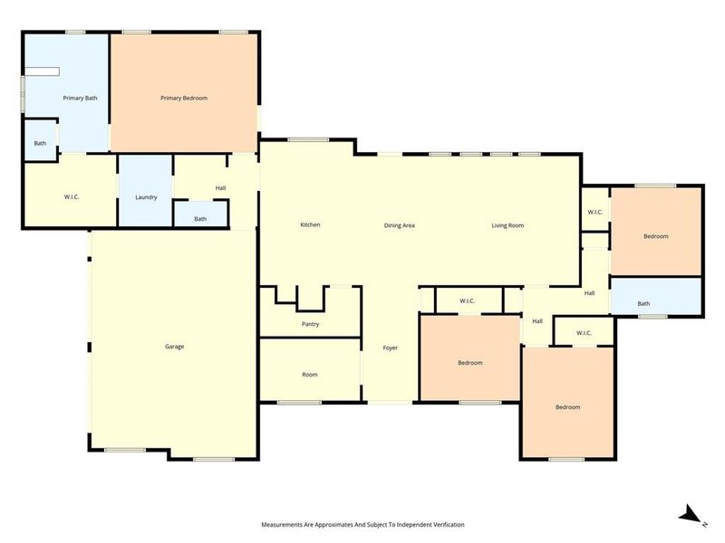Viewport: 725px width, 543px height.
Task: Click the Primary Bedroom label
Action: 184,98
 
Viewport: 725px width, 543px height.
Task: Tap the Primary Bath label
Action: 80,98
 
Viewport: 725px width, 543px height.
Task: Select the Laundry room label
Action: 146,197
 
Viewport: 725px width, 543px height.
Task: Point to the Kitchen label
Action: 310,225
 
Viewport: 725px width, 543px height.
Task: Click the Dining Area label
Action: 399,225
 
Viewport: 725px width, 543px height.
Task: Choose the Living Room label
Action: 507,225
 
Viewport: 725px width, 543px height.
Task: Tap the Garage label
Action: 174,347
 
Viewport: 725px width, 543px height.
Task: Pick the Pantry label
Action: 310,324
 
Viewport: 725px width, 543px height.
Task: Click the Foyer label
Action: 390,348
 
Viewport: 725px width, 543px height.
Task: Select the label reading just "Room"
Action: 310,375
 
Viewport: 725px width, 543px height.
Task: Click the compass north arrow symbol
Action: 691,516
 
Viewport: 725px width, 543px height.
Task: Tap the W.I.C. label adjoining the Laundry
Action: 72,197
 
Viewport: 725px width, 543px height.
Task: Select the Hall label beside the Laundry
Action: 220,188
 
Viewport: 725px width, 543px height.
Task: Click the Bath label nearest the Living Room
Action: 643,304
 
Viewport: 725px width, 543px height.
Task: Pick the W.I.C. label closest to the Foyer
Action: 468,301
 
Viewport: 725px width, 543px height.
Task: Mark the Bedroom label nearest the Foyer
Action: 469,363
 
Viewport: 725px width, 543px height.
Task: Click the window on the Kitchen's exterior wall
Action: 308,139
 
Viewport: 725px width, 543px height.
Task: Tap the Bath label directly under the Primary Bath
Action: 40,143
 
